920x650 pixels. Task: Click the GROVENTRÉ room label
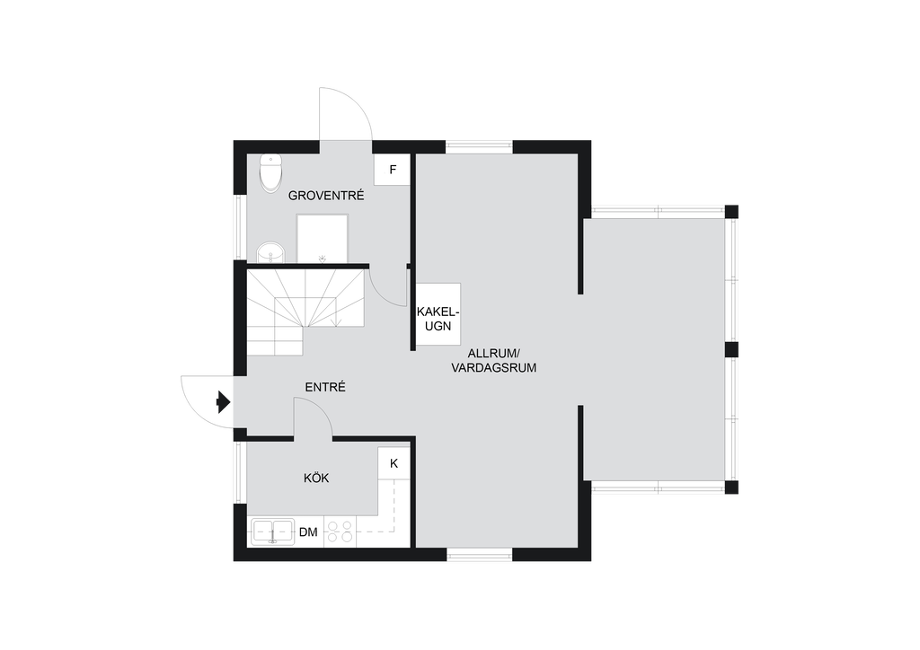point(326,195)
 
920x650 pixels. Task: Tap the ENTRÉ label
point(325,387)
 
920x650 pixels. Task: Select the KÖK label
point(316,478)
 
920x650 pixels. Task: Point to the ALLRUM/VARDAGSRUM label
point(493,360)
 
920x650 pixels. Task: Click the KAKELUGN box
point(438,314)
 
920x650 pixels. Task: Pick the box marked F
point(392,170)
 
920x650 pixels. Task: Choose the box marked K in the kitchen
point(394,463)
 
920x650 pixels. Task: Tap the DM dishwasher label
point(308,532)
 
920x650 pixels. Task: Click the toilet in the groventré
point(270,173)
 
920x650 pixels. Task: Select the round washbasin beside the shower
point(270,252)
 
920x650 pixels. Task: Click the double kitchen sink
point(273,532)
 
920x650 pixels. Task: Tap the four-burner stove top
point(340,532)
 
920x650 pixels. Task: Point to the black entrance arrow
point(223,402)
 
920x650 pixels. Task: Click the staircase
point(305,312)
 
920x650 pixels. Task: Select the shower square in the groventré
point(323,239)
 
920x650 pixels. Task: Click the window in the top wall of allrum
point(480,146)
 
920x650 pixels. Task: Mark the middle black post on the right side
point(731,350)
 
